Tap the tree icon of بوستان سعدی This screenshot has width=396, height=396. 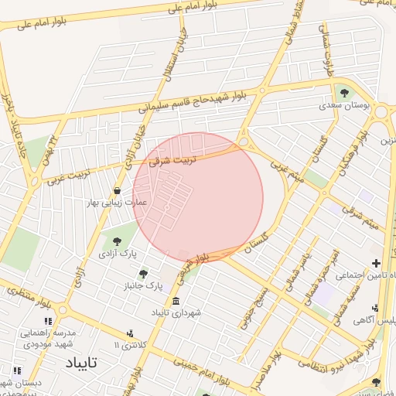point(344,93)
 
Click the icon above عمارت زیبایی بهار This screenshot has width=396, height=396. point(117,190)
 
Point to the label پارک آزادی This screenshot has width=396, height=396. point(117,253)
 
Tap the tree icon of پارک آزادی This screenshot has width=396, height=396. point(117,241)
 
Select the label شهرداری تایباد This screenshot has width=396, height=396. point(176,312)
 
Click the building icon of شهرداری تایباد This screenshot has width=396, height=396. point(176,301)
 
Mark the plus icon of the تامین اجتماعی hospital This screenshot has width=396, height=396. point(377,264)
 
